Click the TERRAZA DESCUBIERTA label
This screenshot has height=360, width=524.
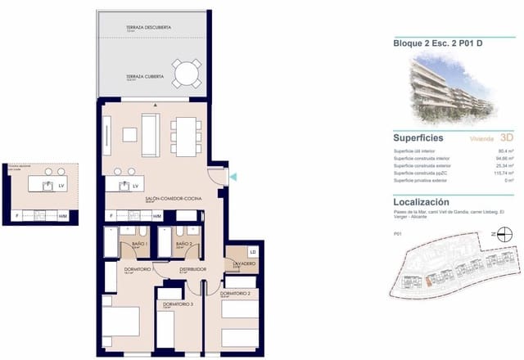(149, 28)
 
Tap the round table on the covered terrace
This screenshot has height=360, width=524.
(186, 74)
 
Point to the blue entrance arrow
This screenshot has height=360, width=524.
(232, 177)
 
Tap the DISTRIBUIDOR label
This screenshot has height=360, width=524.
(193, 268)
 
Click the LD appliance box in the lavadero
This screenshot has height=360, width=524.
(253, 252)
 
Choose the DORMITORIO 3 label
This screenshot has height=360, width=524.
(178, 304)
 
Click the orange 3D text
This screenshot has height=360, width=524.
(506, 139)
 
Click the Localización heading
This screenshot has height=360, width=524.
(422, 200)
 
